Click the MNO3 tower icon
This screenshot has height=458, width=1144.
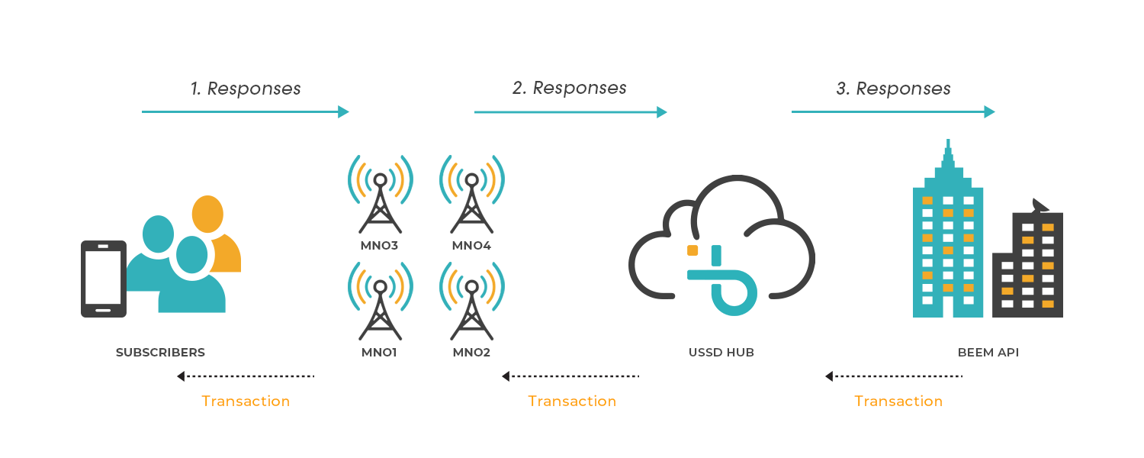click(x=380, y=195)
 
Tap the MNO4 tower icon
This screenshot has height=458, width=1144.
click(x=471, y=195)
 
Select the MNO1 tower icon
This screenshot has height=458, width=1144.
click(x=380, y=302)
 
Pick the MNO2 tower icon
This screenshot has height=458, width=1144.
click(x=471, y=302)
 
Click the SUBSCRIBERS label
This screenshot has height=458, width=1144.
click(x=160, y=353)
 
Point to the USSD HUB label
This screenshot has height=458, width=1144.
click(x=721, y=353)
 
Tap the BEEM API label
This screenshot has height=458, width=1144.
click(x=988, y=353)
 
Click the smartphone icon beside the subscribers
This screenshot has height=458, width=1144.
click(x=104, y=278)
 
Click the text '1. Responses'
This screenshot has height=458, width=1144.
click(x=246, y=89)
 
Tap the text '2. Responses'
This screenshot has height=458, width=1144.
click(x=569, y=88)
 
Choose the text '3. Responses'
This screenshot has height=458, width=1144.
click(x=893, y=89)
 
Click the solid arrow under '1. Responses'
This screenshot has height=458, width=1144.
click(x=245, y=112)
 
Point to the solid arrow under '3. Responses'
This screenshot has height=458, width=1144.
click(x=893, y=112)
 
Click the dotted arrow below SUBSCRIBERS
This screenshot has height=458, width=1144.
click(x=246, y=376)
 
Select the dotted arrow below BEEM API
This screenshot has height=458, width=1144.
click(x=894, y=376)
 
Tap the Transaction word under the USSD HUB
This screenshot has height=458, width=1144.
click(x=572, y=401)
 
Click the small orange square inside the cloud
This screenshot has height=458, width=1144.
click(x=693, y=250)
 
